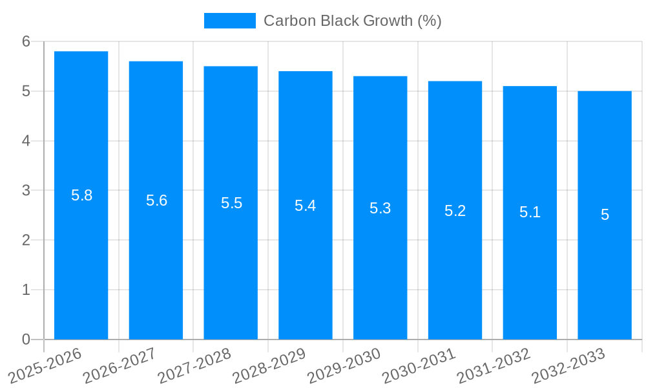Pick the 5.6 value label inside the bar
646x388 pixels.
(156, 200)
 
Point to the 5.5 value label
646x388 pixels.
(231, 203)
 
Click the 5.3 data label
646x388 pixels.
(380, 208)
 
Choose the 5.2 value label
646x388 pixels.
(455, 211)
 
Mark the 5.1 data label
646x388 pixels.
(530, 212)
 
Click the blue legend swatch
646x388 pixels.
(229, 21)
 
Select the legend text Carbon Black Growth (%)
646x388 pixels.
(352, 21)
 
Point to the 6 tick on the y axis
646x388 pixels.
(26, 41)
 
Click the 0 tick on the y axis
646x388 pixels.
(26, 339)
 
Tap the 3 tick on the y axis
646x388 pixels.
(26, 191)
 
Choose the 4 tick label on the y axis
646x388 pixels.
(26, 141)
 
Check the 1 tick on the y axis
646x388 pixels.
(26, 290)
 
